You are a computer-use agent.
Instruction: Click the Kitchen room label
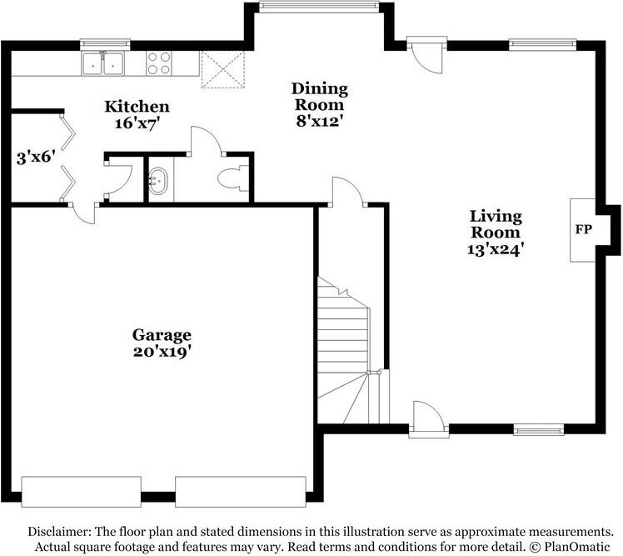pyautogui.click(x=137, y=107)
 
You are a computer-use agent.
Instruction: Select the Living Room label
pyautogui.click(x=496, y=224)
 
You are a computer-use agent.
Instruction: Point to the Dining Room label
pyautogui.click(x=319, y=97)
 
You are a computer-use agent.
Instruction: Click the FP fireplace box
pyautogui.click(x=582, y=228)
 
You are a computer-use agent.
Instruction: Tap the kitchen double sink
pyautogui.click(x=102, y=63)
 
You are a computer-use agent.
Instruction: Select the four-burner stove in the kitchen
pyautogui.click(x=159, y=63)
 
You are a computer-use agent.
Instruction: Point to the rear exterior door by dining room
pyautogui.click(x=427, y=53)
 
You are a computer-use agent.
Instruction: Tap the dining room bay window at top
pyautogui.click(x=316, y=7)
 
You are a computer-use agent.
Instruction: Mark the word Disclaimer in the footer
pyautogui.click(x=59, y=532)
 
